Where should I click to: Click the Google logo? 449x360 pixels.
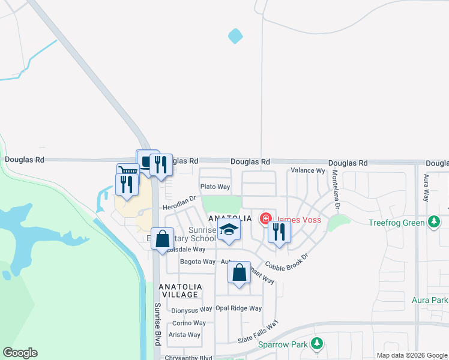click(20, 353)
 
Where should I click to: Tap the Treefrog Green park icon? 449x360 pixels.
click(434, 222)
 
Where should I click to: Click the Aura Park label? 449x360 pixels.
click(430, 300)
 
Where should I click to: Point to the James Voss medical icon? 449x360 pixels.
click(264, 219)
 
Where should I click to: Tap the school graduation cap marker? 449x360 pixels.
click(229, 231)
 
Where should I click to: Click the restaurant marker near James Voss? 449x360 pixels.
click(279, 232)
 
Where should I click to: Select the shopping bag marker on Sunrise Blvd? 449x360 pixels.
click(163, 239)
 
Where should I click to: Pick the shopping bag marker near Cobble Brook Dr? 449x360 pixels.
click(240, 273)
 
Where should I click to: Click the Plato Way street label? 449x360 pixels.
click(215, 187)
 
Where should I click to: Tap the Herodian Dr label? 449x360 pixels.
click(179, 202)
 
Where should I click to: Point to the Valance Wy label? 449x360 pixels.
click(307, 170)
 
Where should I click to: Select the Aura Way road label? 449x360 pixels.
click(426, 188)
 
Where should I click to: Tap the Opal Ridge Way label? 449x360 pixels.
click(239, 308)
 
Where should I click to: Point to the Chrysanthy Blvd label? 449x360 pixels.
click(189, 358)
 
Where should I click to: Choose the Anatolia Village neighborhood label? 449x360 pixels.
click(179, 291)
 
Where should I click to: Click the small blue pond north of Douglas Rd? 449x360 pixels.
click(235, 37)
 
